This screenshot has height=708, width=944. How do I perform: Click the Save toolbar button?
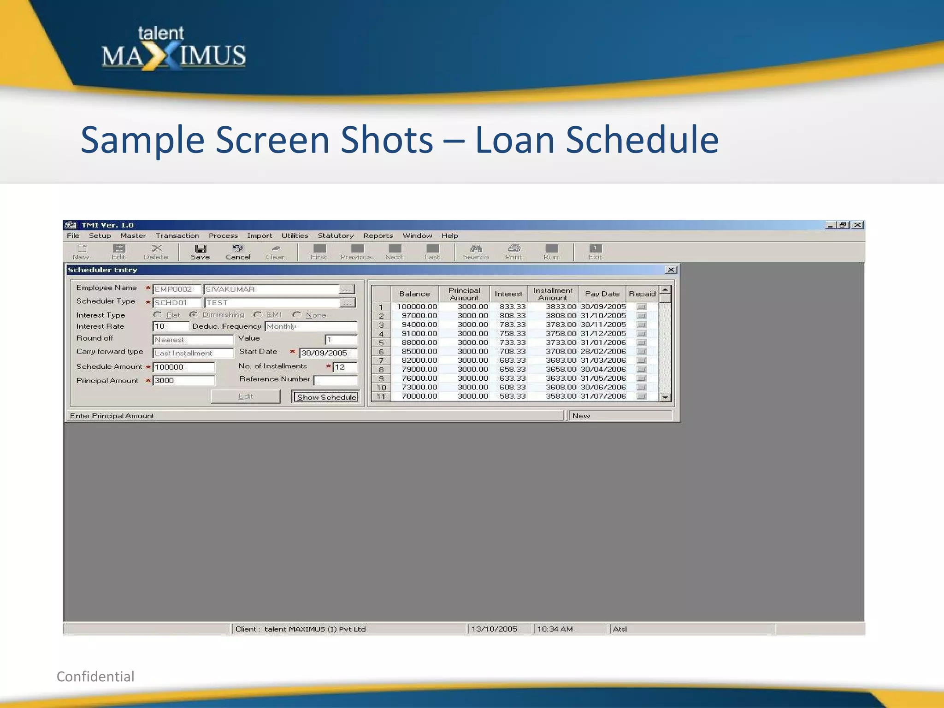pyautogui.click(x=200, y=252)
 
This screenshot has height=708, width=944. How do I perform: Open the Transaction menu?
pyautogui.click(x=177, y=236)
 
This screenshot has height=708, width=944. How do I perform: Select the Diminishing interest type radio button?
pyautogui.click(x=194, y=315)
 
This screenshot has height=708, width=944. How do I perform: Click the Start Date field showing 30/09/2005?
pyautogui.click(x=327, y=353)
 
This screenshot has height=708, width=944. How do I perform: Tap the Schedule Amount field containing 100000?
pyautogui.click(x=183, y=367)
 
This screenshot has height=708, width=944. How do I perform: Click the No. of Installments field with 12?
pyautogui.click(x=344, y=367)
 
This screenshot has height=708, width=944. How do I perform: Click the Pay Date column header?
pyautogui.click(x=602, y=294)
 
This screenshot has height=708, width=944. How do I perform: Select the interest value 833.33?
pyautogui.click(x=512, y=307)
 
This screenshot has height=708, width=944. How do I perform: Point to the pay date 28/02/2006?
pyautogui.click(x=603, y=351)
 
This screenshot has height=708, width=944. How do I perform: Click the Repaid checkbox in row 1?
pyautogui.click(x=641, y=307)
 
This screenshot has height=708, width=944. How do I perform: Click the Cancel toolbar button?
pyautogui.click(x=238, y=252)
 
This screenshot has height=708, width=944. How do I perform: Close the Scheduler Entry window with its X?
pyautogui.click(x=671, y=270)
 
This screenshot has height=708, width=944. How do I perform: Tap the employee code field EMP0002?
pyautogui.click(x=177, y=289)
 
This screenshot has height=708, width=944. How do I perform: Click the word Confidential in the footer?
pyautogui.click(x=95, y=676)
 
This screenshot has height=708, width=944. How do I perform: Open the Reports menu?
pyautogui.click(x=378, y=236)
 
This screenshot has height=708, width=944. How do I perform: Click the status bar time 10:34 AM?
pyautogui.click(x=555, y=629)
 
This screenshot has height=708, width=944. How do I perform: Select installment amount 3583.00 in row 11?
pyautogui.click(x=560, y=396)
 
